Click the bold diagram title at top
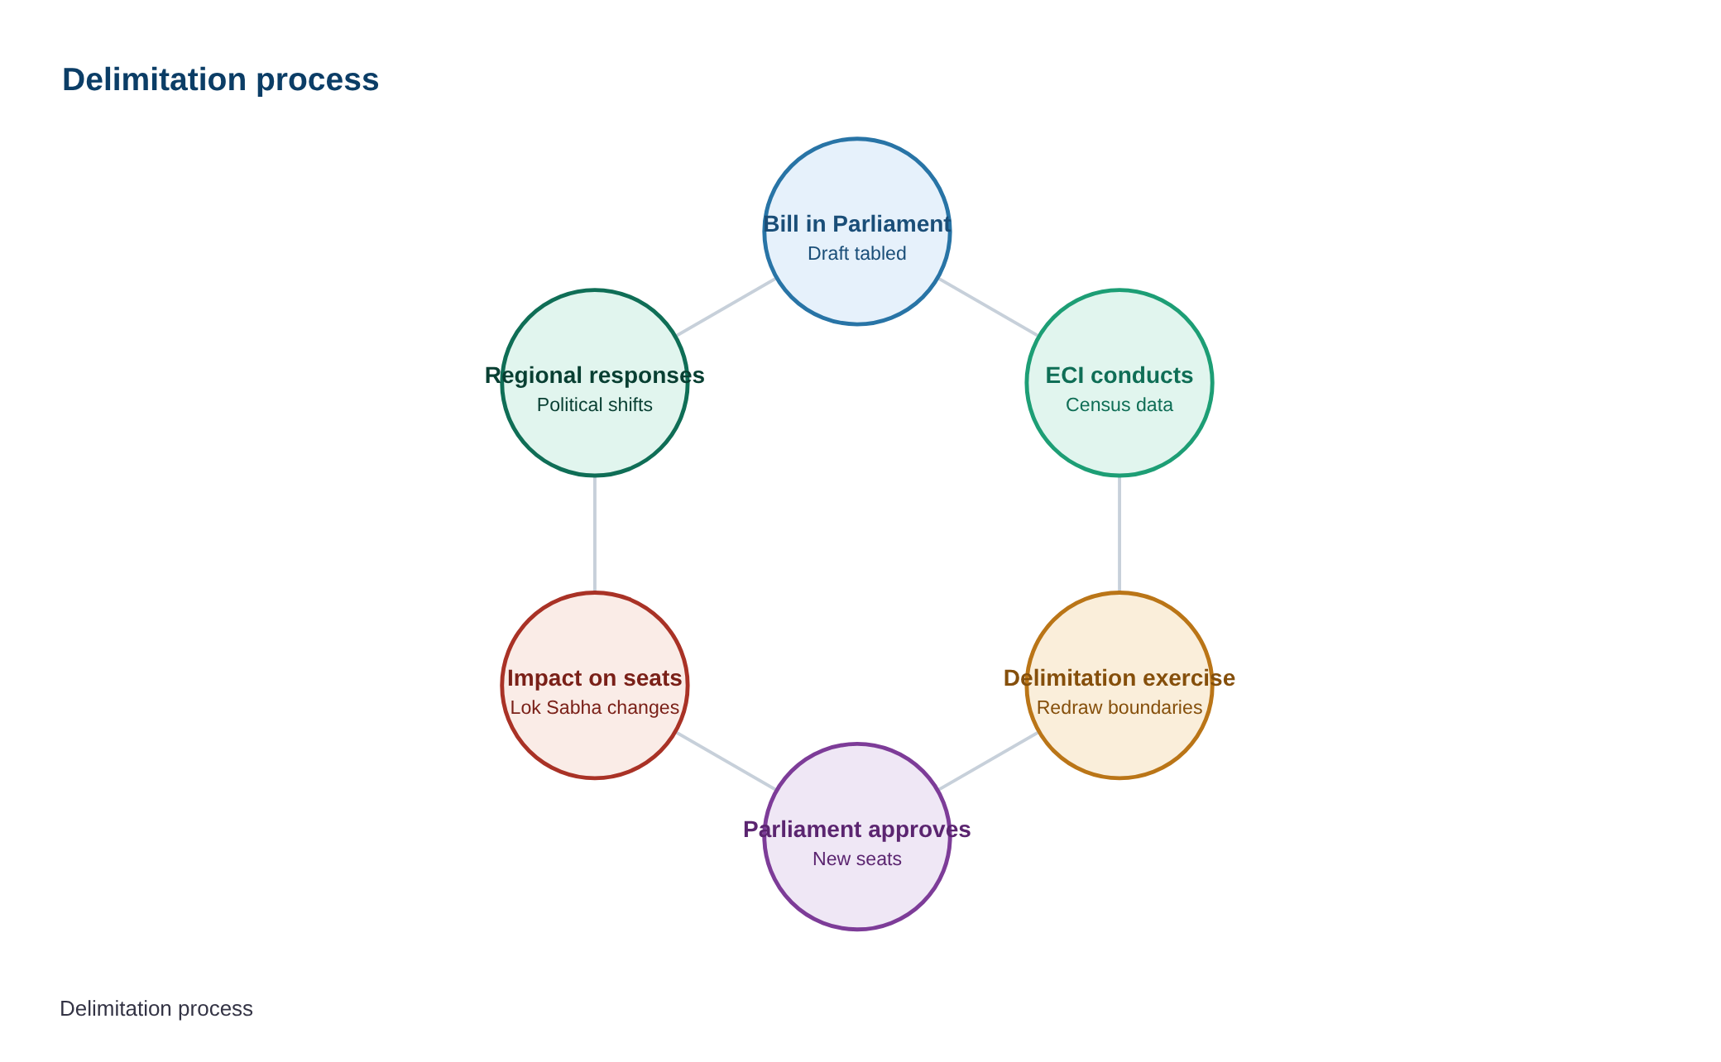(x=220, y=80)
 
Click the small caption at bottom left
(x=156, y=1008)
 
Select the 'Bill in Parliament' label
(x=857, y=224)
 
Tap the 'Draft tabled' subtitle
(x=857, y=253)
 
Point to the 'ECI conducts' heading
(x=1119, y=376)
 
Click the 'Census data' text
(x=1119, y=404)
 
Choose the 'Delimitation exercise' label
(x=1119, y=678)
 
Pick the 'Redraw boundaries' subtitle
(x=1119, y=707)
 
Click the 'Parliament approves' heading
(x=857, y=830)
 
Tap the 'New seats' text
(x=857, y=859)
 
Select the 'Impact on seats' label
(x=595, y=678)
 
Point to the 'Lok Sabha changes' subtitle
(x=595, y=707)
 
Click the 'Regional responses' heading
(x=595, y=376)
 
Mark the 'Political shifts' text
(x=595, y=404)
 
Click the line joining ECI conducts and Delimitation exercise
(x=1119, y=534)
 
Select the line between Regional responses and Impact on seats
(x=595, y=534)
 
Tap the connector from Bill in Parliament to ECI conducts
(x=988, y=307)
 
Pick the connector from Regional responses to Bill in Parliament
(x=726, y=307)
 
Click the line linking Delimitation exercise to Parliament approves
(x=988, y=761)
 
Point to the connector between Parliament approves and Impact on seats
(x=726, y=761)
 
